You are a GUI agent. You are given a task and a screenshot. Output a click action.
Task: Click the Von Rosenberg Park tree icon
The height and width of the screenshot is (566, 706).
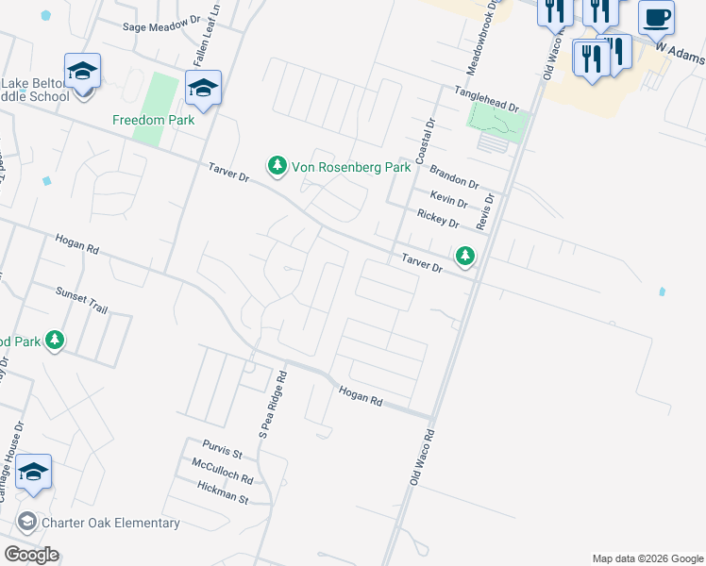(x=277, y=167)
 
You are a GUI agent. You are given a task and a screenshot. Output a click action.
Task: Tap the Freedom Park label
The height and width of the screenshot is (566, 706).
(x=153, y=121)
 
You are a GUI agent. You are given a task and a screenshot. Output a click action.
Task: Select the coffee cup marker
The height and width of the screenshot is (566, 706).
(x=656, y=17)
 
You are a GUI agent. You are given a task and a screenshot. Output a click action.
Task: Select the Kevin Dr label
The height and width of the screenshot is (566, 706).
(x=448, y=199)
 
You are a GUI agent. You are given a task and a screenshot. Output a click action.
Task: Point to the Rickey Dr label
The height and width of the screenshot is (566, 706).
(x=438, y=220)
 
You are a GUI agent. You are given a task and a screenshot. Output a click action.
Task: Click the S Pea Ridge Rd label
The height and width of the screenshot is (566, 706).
(x=274, y=404)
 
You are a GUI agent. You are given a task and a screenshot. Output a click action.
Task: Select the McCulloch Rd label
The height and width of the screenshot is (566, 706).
(x=222, y=472)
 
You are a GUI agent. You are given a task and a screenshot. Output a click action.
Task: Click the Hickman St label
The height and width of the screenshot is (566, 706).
(x=223, y=491)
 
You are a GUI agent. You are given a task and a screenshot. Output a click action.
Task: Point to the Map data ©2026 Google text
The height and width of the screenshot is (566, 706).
(x=647, y=558)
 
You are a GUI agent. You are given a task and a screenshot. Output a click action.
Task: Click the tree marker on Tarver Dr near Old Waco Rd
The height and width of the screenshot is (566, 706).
(x=465, y=256)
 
